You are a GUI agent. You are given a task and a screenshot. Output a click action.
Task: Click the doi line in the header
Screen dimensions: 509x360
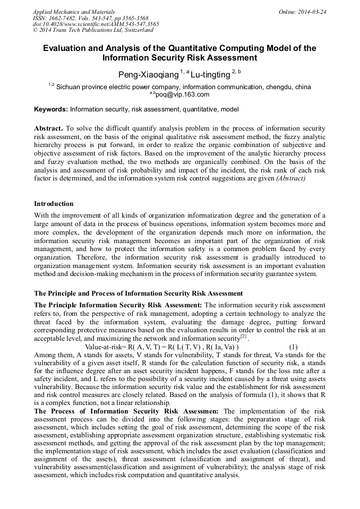96,24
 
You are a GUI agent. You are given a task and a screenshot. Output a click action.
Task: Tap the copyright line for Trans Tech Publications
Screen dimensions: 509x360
89,30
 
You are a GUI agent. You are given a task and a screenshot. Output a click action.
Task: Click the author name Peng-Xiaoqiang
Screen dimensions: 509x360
148,75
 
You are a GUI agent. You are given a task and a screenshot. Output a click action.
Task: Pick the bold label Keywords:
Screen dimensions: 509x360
51,109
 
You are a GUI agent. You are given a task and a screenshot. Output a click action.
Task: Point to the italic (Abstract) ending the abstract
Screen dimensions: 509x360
290,179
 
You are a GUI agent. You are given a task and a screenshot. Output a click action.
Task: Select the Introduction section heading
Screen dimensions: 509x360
54,204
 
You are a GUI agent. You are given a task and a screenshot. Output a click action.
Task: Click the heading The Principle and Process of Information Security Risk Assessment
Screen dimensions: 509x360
139,293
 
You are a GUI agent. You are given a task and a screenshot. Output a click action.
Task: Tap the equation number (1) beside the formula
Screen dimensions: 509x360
293,347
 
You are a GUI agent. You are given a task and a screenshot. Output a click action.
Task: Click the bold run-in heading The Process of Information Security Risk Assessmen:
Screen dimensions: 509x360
126,411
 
